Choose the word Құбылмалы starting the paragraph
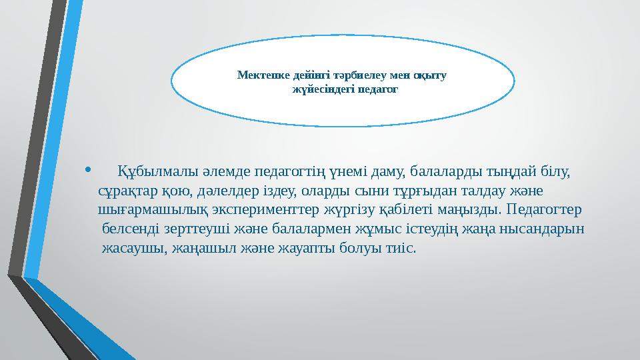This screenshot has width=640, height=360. pos(153,173)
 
